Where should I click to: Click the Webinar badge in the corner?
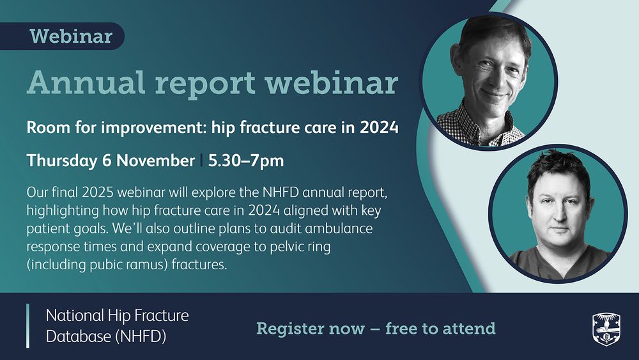pyautogui.click(x=62, y=36)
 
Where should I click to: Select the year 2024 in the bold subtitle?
pyautogui.click(x=379, y=128)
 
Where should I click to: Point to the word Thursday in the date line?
pyautogui.click(x=62, y=160)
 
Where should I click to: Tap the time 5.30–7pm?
pyautogui.click(x=246, y=160)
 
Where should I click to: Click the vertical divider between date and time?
pyautogui.click(x=201, y=160)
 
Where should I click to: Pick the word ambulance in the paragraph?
pyautogui.click(x=339, y=228)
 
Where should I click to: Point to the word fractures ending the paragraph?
pyautogui.click(x=199, y=265)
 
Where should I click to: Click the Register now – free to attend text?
pyautogui.click(x=376, y=328)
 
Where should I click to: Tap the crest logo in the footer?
pyautogui.click(x=606, y=329)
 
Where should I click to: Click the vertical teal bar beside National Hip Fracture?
pyautogui.click(x=28, y=325)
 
